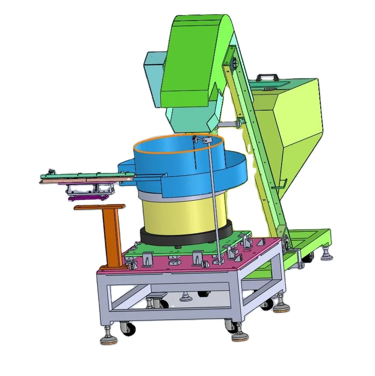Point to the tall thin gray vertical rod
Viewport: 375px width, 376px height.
tap(213, 201)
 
